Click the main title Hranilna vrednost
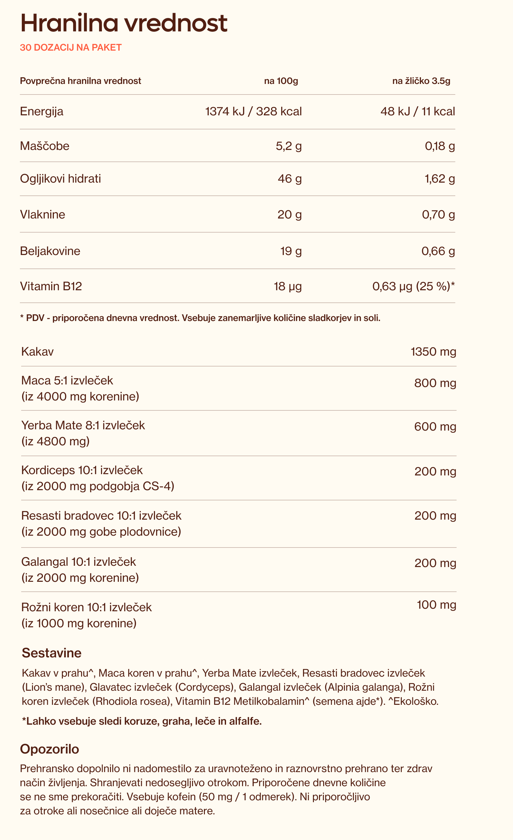[x=123, y=23]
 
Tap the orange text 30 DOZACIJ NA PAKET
[x=71, y=47]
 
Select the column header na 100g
[x=281, y=81]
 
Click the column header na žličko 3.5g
[x=421, y=81]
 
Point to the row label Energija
[x=42, y=111]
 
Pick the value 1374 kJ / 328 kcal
[x=253, y=111]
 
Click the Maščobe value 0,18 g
[x=439, y=146]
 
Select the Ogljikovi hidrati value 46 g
[x=289, y=179]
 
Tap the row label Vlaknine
[x=43, y=214]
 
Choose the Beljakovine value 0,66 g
[x=438, y=251]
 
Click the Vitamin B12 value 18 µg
[x=288, y=286]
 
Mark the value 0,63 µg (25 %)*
[x=413, y=286]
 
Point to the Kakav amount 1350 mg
[x=433, y=351]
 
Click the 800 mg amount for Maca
[x=435, y=383]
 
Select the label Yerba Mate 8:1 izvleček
[x=83, y=425]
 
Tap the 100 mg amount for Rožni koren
[x=436, y=605]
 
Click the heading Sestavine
[x=52, y=653]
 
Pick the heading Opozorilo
[x=49, y=749]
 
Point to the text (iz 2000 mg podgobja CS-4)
[x=97, y=486]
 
